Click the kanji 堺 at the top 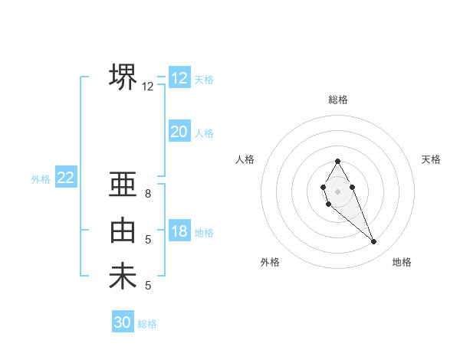click(123, 77)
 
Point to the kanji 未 click(123, 276)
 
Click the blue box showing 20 click(179, 132)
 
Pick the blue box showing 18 click(179, 231)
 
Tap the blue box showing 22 click(65, 178)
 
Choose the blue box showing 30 click(123, 322)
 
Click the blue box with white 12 click(179, 78)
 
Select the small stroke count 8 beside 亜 click(148, 194)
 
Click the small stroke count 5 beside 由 click(148, 240)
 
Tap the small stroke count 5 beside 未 click(148, 286)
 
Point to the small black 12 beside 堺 click(148, 87)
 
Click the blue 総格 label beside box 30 click(147, 324)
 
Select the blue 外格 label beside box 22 click(41, 179)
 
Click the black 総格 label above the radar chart click(337, 100)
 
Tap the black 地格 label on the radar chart click(402, 262)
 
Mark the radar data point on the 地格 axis click(373, 241)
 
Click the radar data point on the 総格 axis click(337, 161)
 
